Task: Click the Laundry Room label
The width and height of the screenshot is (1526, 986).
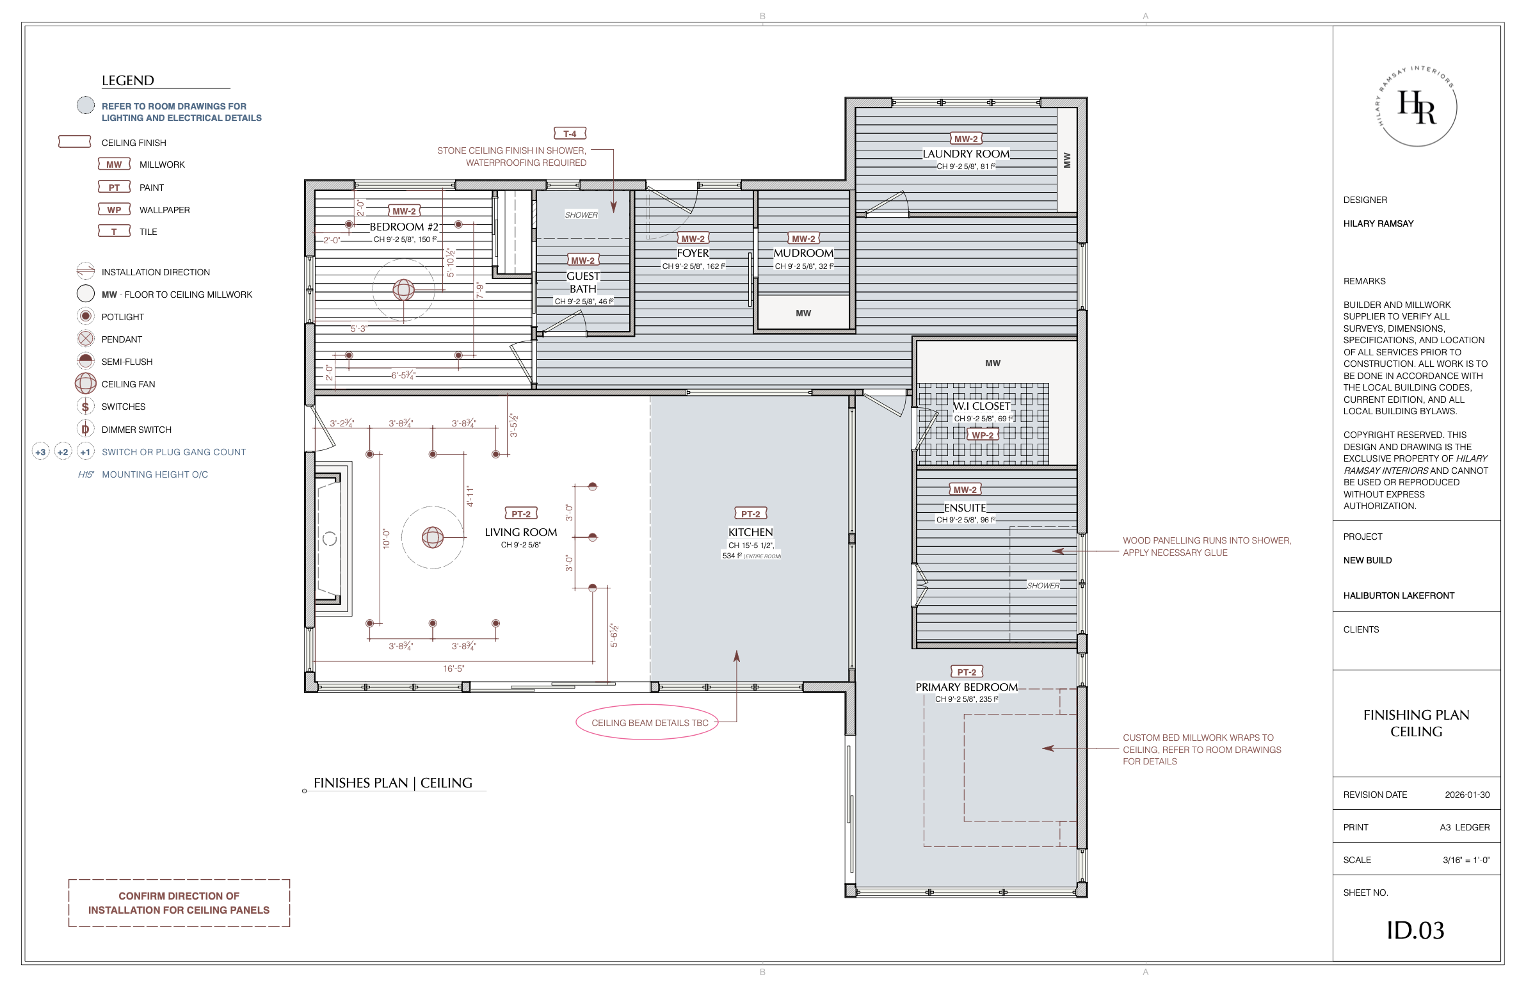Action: point(966,154)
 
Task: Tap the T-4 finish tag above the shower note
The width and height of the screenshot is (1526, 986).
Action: point(570,134)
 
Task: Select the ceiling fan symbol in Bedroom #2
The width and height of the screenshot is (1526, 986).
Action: point(403,290)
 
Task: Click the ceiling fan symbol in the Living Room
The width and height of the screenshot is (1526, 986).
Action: point(433,537)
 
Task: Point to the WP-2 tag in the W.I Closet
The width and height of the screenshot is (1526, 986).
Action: point(983,435)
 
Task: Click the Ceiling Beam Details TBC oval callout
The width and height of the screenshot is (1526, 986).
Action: point(650,723)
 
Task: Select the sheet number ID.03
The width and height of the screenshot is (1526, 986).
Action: point(1415,930)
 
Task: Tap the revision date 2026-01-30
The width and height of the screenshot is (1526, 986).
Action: point(1467,795)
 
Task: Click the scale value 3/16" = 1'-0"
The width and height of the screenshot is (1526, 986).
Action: point(1466,860)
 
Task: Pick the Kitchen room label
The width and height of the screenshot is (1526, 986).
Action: point(750,532)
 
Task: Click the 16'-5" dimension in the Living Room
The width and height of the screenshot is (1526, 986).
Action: point(453,668)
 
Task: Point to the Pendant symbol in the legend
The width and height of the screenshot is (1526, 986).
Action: point(86,339)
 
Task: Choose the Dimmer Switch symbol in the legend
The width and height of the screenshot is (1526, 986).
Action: point(86,429)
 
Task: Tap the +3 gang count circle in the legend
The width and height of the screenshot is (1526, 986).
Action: point(40,452)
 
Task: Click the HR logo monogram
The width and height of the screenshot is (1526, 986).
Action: point(1417,107)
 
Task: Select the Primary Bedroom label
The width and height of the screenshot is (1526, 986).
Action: point(967,687)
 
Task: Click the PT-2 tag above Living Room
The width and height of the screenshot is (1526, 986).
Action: point(521,514)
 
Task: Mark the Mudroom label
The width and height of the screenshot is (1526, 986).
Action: point(803,254)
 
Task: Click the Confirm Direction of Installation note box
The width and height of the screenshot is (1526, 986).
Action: point(179,903)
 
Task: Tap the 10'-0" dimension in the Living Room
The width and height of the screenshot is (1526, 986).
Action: point(386,538)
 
